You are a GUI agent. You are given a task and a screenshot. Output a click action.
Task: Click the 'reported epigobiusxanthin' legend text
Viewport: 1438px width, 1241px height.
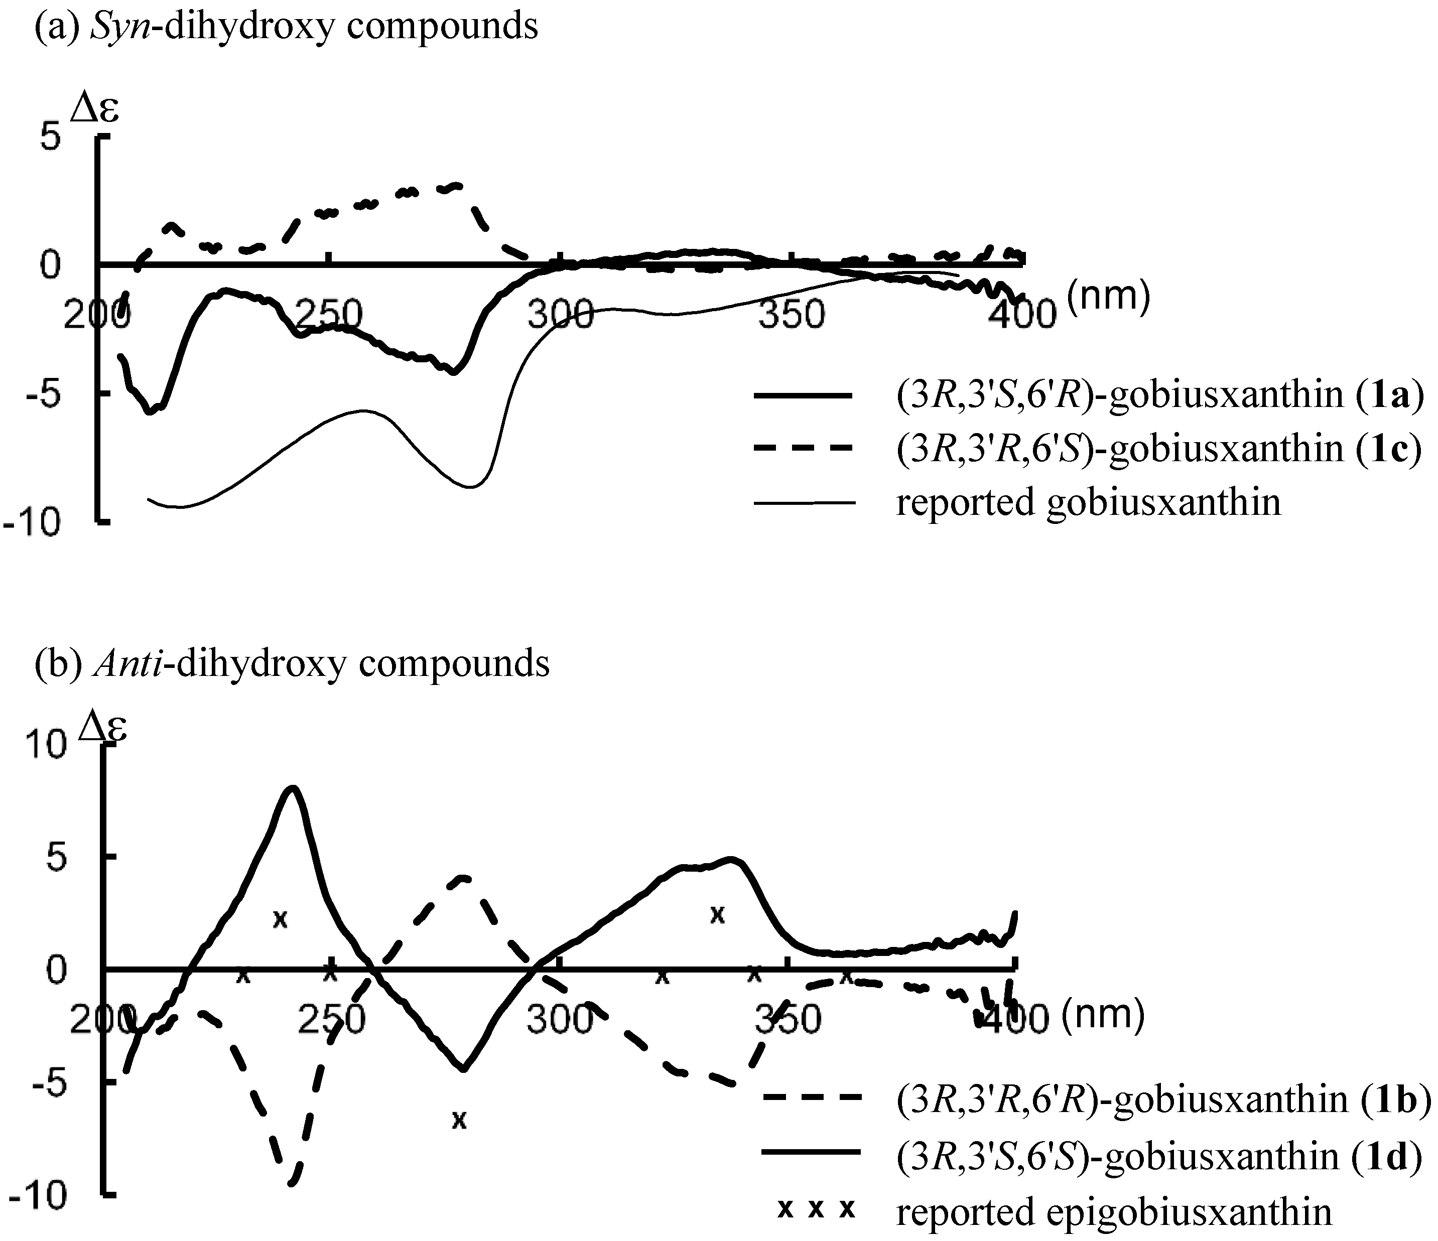(1114, 1212)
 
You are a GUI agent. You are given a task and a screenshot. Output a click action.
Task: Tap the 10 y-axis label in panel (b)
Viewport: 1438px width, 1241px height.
(46, 746)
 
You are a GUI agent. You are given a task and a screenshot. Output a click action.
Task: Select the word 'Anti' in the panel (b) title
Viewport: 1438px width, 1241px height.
(131, 663)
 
